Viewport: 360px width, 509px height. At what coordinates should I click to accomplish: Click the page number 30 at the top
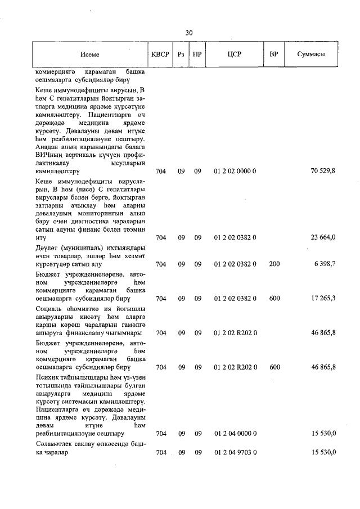[189, 33]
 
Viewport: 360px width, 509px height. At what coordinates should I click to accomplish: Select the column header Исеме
[89, 55]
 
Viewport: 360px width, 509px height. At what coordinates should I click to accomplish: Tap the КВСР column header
[160, 55]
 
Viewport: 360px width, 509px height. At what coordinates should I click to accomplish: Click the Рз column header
[181, 55]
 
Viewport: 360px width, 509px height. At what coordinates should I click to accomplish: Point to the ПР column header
[197, 55]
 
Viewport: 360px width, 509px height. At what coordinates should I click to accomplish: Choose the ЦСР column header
[235, 55]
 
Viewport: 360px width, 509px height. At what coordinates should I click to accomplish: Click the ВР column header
[274, 55]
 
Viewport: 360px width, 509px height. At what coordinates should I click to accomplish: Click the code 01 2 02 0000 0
[235, 170]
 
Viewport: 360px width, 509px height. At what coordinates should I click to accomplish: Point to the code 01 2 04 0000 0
[235, 434]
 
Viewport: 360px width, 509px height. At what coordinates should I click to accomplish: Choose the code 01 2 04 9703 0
[235, 452]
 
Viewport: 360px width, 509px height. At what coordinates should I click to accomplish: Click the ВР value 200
[274, 264]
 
